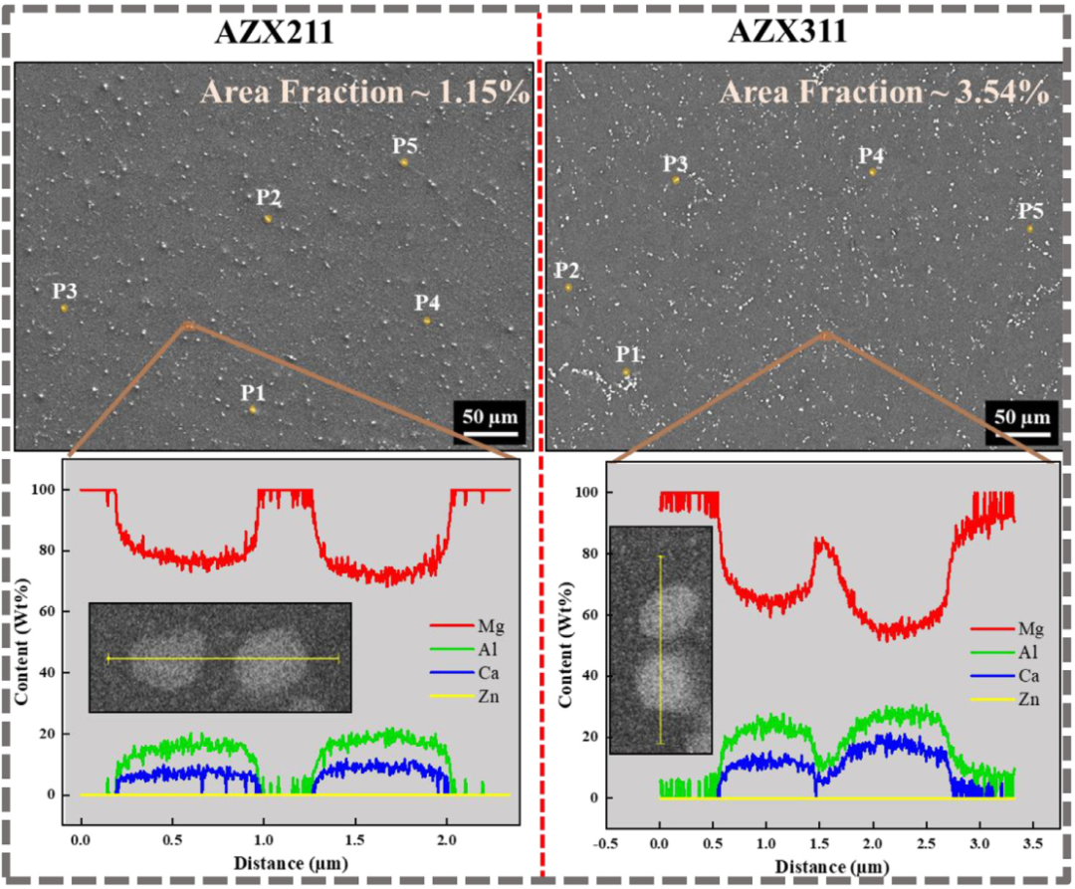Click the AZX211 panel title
tap(274, 32)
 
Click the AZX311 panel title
tap(787, 32)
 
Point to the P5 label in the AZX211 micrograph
tap(404, 146)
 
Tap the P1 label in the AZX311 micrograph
tap(626, 355)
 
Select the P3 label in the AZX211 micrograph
tap(65, 292)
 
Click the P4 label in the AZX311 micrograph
tap(872, 155)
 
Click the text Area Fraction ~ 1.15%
tap(364, 93)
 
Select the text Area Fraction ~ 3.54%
tap(884, 93)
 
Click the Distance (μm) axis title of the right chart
tap(814, 864)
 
